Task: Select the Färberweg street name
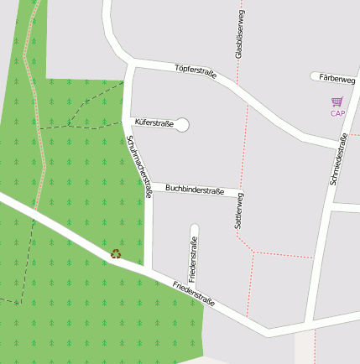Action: [x=337, y=78]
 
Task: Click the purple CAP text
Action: [x=337, y=113]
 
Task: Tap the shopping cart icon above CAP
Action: [x=337, y=101]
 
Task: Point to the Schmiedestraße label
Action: [x=338, y=159]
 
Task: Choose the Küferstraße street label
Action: [x=154, y=123]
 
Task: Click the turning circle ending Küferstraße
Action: [x=182, y=125]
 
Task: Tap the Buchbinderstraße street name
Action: [x=195, y=190]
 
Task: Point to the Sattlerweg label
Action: [x=239, y=211]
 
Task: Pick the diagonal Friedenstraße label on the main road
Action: [x=194, y=294]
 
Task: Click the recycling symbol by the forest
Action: [x=116, y=253]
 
